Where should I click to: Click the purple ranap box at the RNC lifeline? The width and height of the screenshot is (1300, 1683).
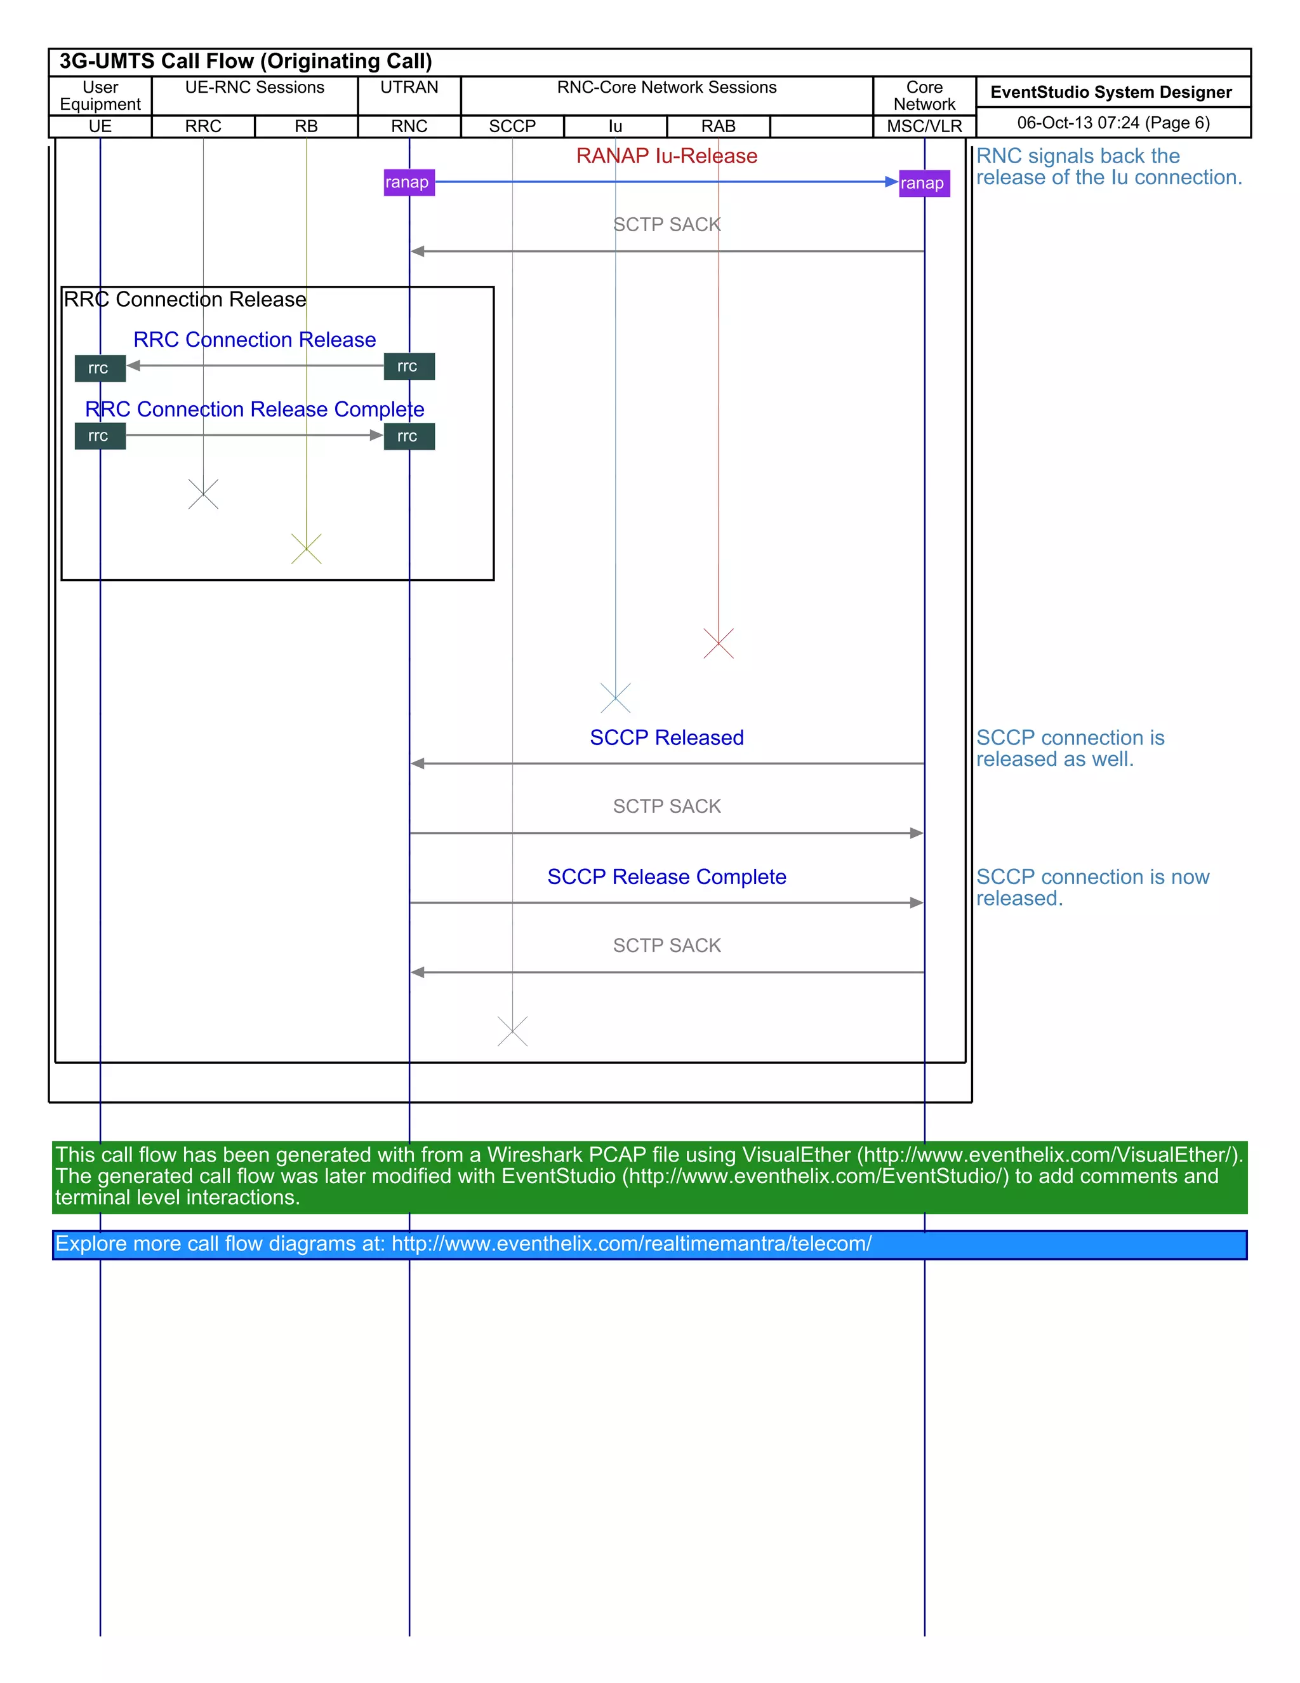409,183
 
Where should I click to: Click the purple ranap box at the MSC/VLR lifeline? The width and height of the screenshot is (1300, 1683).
924,184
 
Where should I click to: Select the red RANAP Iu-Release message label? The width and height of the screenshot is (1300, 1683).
666,156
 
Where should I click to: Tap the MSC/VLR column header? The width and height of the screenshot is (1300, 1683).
924,126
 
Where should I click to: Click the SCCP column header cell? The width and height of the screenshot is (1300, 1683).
512,126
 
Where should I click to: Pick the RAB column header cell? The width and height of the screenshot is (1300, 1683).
718,126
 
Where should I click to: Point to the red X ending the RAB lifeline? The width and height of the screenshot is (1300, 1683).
718,643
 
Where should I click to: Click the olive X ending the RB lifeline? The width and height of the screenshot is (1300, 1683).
306,549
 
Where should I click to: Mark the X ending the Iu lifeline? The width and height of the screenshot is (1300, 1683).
615,698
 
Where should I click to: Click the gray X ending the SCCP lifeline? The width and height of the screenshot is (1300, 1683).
512,1031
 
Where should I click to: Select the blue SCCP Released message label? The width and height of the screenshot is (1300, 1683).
666,737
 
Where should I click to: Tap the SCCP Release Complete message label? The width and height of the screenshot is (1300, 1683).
666,877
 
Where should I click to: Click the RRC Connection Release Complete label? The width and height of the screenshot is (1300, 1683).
254,409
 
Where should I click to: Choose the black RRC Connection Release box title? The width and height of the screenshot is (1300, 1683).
185,299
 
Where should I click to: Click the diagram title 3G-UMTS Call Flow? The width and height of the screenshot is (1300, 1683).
245,62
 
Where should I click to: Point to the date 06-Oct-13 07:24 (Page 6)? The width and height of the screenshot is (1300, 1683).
1113,123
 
